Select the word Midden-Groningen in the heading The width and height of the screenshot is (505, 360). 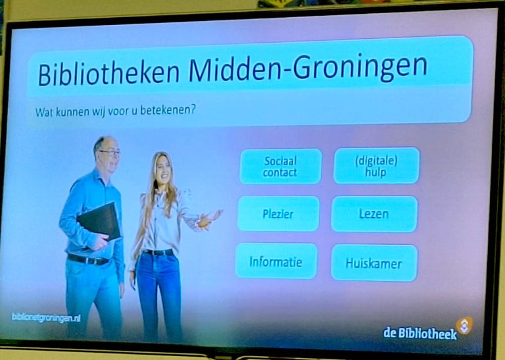[x=308, y=68]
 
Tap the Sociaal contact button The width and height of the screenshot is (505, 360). [x=281, y=167]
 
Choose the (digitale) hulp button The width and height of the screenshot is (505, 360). [x=376, y=166]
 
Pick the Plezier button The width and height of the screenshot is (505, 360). [x=278, y=214]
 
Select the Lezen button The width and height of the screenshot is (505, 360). [x=374, y=214]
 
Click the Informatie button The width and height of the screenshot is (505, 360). [x=276, y=261]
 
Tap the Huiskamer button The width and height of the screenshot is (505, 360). [x=374, y=263]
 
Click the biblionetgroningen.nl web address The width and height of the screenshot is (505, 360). [x=46, y=317]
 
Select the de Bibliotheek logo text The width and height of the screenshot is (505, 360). [x=420, y=333]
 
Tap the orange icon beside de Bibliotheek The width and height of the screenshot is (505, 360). [x=464, y=325]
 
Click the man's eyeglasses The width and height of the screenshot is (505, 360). [x=110, y=152]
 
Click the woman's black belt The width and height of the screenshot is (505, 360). [x=158, y=252]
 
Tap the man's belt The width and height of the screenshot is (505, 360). [x=87, y=259]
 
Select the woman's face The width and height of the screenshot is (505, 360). [x=163, y=170]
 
